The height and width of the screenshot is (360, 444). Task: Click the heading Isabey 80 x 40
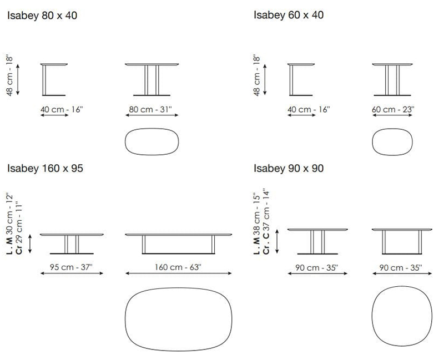[42, 16]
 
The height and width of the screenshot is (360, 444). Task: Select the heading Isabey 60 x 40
[289, 15]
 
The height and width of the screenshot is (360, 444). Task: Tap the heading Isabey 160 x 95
[45, 169]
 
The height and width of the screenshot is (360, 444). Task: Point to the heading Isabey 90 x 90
[289, 169]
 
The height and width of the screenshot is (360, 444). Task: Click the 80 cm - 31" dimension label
[150, 109]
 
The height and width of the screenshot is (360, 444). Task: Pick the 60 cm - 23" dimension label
[393, 109]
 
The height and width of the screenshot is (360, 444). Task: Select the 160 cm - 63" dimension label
[178, 267]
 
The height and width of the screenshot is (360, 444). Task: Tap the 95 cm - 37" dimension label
[72, 267]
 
